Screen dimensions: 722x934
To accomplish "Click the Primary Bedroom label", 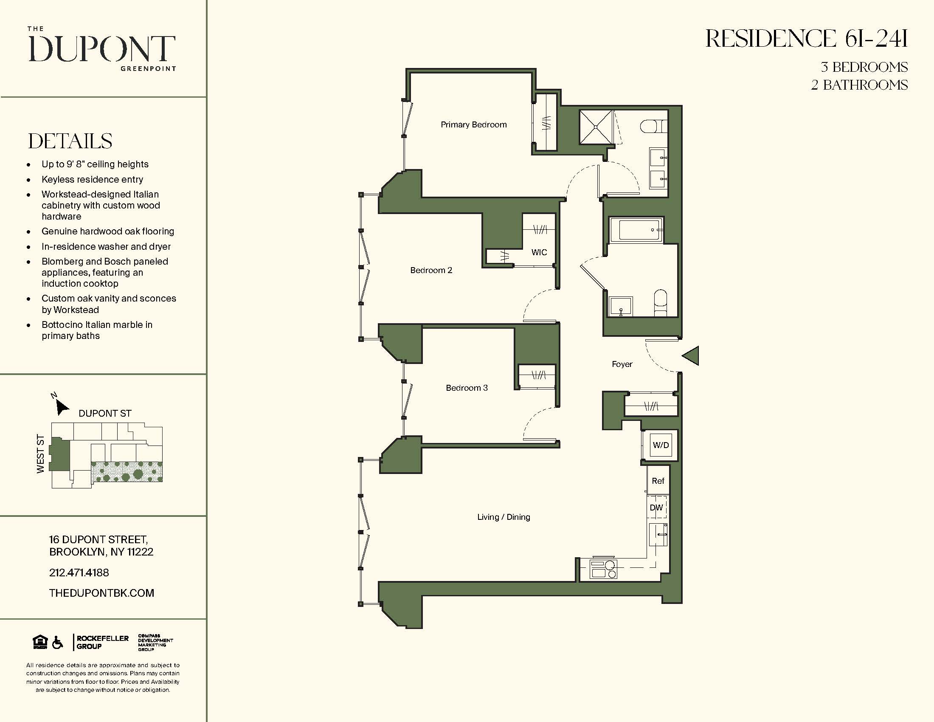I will click(473, 124).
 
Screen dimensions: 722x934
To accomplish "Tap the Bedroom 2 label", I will click(430, 270).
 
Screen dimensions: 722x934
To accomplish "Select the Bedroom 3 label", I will click(467, 388).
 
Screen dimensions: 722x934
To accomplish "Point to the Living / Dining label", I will click(504, 517).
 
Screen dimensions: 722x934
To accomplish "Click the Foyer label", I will click(622, 364).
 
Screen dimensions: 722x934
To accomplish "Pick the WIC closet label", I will click(539, 252).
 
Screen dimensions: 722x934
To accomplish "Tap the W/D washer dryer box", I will click(661, 445).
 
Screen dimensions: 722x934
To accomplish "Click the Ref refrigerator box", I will click(658, 481).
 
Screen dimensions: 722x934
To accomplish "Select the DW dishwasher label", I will click(656, 508).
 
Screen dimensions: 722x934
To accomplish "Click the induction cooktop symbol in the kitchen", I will click(603, 569).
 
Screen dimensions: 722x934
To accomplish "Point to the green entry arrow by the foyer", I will click(691, 356).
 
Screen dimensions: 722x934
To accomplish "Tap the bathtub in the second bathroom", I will click(636, 230).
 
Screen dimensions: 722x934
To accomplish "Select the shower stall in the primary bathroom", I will click(596, 127).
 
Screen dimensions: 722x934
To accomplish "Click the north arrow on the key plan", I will click(62, 407).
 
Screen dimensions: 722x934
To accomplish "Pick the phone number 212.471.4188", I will click(79, 573).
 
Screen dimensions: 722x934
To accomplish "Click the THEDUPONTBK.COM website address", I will click(101, 593).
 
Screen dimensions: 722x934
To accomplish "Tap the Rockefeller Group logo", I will click(102, 642).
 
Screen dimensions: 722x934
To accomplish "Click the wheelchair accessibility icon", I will click(58, 643).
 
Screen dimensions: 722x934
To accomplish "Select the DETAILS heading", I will click(70, 141).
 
